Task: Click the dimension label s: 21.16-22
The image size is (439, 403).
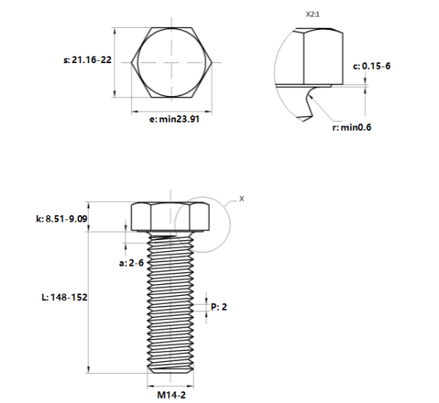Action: coord(87,60)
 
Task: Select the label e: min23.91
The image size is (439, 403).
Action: coord(175,119)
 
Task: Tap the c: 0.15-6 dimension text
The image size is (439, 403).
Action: coord(371,66)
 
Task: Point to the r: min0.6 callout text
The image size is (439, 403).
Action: coord(352,127)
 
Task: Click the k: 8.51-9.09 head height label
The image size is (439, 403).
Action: coord(62,219)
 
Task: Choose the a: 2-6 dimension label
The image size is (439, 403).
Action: coord(131,263)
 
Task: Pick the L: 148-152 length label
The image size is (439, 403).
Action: coord(65,297)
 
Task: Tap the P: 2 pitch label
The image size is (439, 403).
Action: coord(219,307)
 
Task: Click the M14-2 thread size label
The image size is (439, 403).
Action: coord(171,395)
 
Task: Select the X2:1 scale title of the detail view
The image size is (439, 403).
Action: coord(313,14)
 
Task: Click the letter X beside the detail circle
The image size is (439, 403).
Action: coord(242,199)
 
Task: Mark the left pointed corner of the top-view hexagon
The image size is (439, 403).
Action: coord(131,62)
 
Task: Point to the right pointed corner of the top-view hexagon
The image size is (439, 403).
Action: coord(212,62)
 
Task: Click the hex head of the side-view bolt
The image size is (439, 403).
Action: coord(170,217)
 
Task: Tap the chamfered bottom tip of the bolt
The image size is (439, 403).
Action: coord(170,371)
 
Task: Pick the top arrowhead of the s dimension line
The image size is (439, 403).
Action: coord(115,32)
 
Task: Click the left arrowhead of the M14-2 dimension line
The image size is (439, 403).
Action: coord(151,387)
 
